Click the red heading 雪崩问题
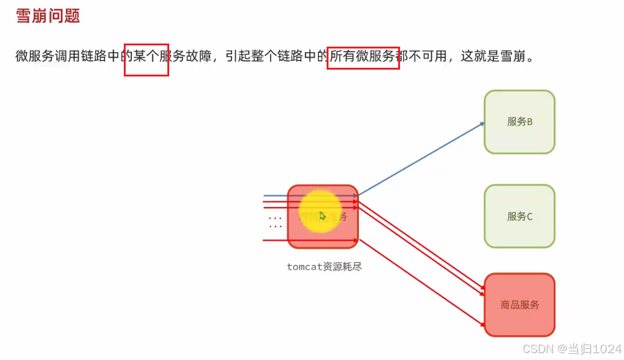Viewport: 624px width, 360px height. pos(48,16)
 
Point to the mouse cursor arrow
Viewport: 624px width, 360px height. pos(322,216)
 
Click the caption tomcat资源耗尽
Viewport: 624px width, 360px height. pos(324,267)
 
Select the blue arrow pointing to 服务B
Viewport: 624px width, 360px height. pos(423,158)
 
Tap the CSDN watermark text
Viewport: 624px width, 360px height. pos(538,349)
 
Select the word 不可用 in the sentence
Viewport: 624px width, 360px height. pos(426,56)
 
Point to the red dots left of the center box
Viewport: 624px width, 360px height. pos(275,223)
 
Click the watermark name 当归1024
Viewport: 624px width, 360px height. pos(597,349)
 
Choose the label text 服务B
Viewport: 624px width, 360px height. pos(519,122)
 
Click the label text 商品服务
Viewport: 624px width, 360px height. pos(519,305)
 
